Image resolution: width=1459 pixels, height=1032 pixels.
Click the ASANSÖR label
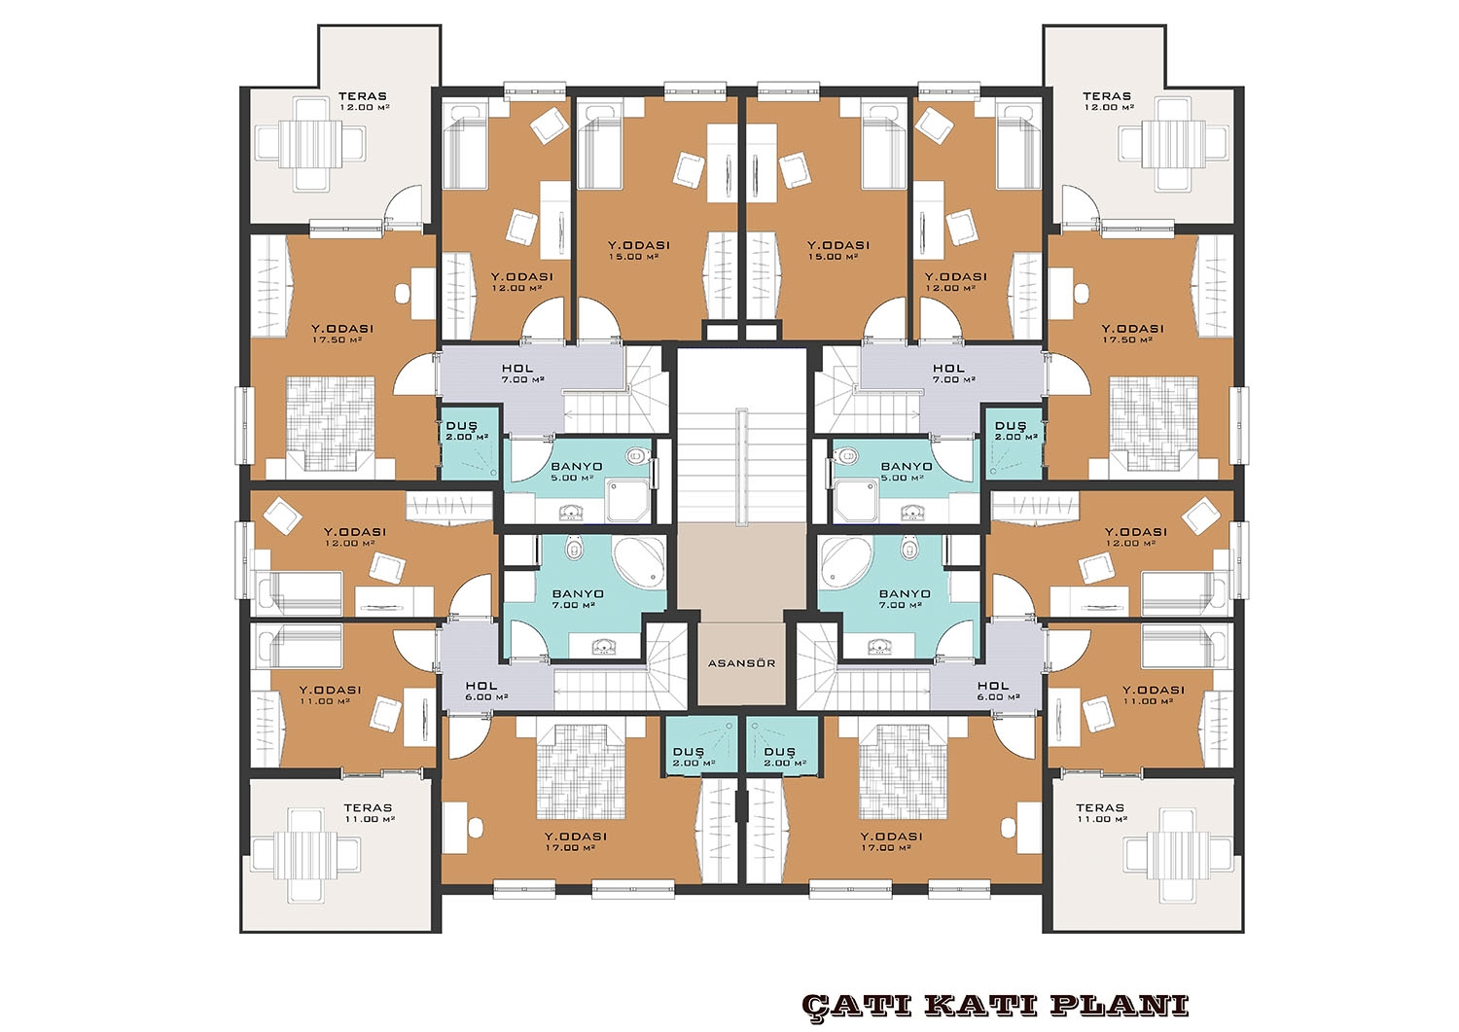click(x=741, y=663)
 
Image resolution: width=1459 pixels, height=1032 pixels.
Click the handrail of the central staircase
click(x=742, y=467)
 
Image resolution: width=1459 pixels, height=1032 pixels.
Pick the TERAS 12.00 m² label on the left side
click(x=363, y=101)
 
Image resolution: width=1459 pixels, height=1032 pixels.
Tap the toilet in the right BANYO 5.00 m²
click(x=845, y=455)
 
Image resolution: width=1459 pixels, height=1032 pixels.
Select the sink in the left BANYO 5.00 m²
click(x=573, y=513)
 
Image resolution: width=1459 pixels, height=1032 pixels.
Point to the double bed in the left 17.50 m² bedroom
click(x=331, y=424)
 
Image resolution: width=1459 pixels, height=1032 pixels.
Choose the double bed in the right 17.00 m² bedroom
click(x=903, y=772)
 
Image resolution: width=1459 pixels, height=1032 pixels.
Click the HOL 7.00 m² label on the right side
click(x=953, y=374)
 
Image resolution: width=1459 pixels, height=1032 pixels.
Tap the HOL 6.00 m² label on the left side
click(x=486, y=691)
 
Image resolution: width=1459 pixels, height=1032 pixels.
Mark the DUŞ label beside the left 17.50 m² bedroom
click(x=462, y=426)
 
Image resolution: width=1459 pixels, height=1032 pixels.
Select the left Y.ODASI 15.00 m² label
click(x=639, y=250)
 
